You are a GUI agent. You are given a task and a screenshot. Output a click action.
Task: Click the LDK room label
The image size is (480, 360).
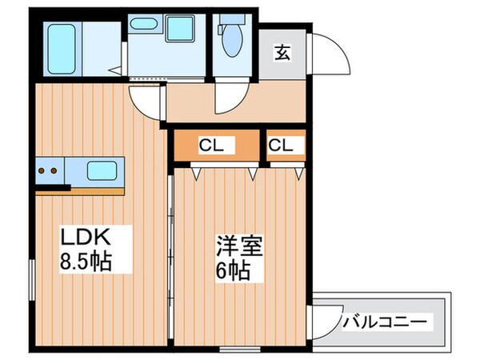pos(83,237)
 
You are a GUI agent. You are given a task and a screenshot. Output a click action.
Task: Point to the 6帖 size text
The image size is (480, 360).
pos(232,269)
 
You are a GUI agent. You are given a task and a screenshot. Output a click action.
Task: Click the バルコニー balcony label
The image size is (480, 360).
pos(386,323)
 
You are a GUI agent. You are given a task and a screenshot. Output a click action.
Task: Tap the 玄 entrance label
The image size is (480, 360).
pos(283,53)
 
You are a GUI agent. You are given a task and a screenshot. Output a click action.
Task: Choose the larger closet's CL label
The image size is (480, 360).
pos(210,146)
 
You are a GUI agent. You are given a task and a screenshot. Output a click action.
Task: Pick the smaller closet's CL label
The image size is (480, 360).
pos(280,146)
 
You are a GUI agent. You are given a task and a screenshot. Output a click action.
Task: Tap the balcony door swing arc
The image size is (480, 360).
pos(324,326)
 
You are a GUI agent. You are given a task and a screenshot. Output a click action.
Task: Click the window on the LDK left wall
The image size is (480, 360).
pos(32,279)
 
